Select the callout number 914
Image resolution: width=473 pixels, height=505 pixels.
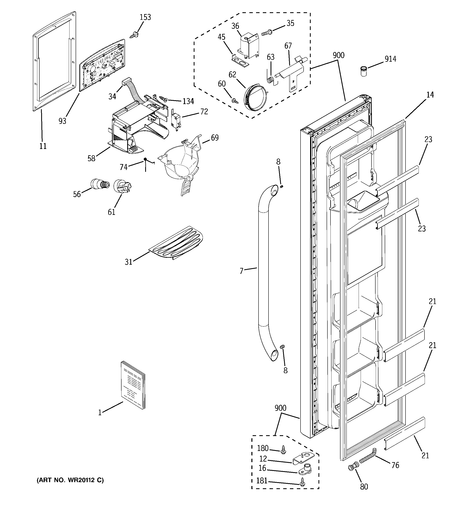[x=390, y=59]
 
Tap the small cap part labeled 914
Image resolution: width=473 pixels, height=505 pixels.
[x=364, y=71]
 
